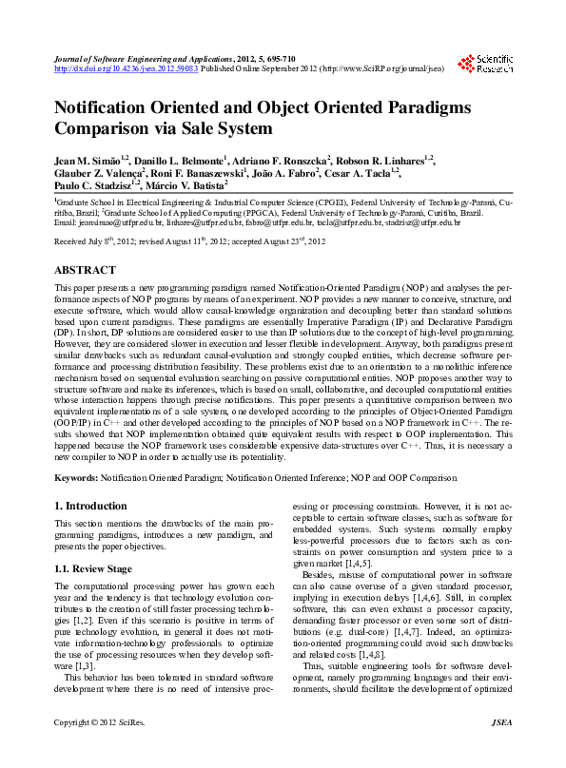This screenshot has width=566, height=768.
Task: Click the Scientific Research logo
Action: click(x=485, y=65)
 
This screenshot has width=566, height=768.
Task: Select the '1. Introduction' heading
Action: click(x=90, y=506)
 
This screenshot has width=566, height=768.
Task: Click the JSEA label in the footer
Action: click(x=500, y=749)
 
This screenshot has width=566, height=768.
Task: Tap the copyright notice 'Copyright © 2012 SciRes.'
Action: click(x=100, y=749)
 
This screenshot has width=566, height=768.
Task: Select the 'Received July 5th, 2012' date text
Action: click(x=93, y=242)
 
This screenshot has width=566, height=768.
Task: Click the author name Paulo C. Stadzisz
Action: click(x=96, y=186)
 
